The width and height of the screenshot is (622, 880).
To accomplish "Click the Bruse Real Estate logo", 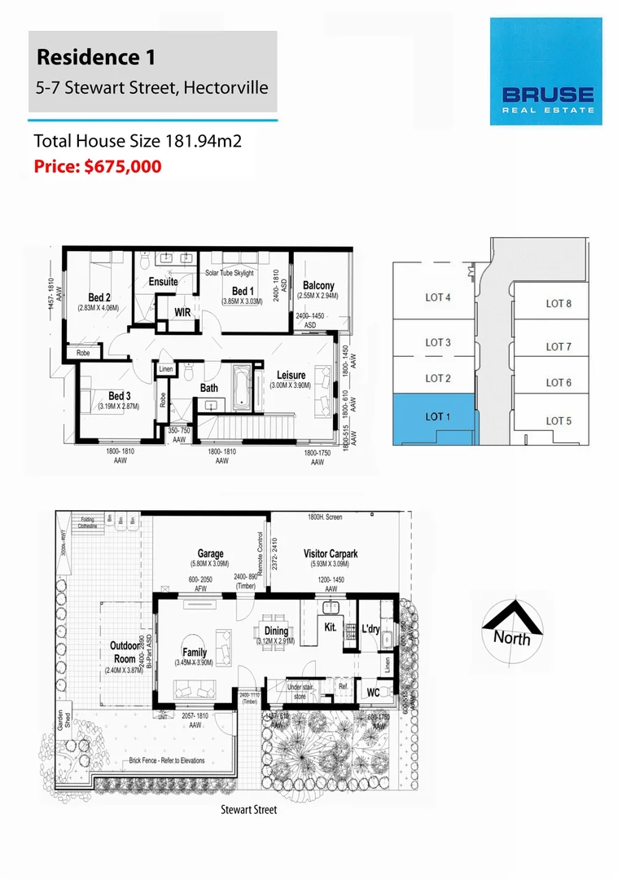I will (x=545, y=72).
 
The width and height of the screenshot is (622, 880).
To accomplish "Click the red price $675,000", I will (x=98, y=167).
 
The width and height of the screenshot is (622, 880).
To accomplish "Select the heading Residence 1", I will (x=96, y=58).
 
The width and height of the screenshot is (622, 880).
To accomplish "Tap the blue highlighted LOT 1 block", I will (x=438, y=416).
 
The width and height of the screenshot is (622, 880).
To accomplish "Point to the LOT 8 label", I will (x=558, y=303).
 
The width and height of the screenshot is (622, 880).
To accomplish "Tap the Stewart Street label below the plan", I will (x=249, y=810).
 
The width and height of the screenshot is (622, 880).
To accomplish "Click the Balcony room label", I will (x=318, y=286).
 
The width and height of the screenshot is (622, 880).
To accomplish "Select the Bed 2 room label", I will (x=99, y=297).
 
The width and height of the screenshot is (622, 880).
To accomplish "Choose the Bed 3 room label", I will (x=120, y=396).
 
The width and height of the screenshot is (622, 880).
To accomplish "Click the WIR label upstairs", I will (x=183, y=312).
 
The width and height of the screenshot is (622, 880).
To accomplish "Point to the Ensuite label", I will (x=164, y=282).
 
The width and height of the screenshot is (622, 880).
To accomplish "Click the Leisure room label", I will (x=291, y=376).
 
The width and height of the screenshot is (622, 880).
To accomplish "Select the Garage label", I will (x=211, y=553).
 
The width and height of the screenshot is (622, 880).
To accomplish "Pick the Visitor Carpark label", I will (x=331, y=553).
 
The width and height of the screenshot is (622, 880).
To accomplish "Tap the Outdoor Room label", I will (x=124, y=651).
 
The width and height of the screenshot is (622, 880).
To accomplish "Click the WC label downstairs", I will (x=374, y=693).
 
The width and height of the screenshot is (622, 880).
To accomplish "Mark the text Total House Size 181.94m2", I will (x=138, y=141).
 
